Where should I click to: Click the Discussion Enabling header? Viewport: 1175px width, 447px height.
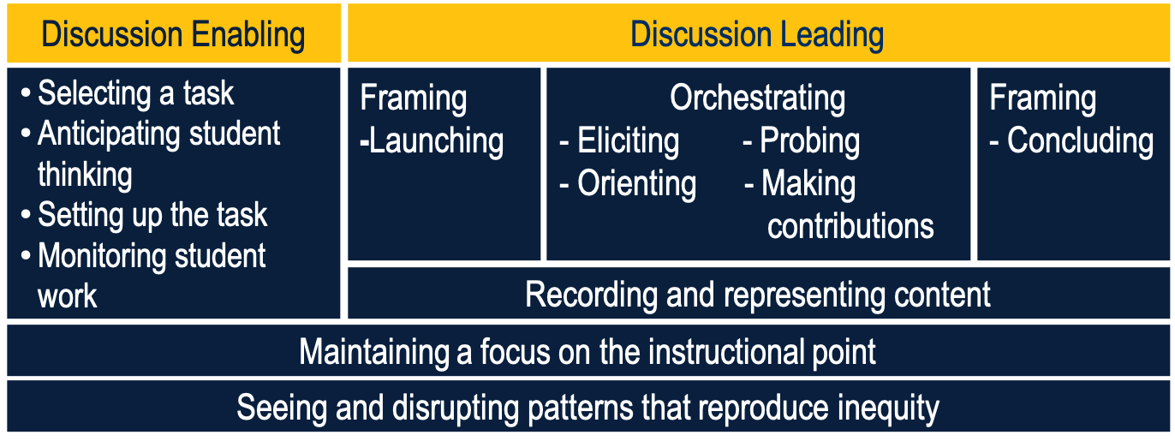[173, 35]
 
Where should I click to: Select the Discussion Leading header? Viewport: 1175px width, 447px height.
[757, 35]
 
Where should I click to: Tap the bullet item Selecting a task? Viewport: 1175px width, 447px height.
[135, 92]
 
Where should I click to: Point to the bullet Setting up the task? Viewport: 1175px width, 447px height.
[152, 215]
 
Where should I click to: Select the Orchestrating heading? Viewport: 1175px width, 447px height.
[757, 98]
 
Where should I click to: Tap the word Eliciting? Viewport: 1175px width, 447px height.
[628, 140]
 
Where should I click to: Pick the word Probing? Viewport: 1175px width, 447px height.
[809, 140]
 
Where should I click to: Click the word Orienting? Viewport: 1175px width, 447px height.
[636, 183]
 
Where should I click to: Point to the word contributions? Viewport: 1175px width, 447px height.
[850, 226]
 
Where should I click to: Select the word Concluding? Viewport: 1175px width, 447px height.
[1080, 140]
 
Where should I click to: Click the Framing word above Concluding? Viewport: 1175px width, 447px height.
[1042, 98]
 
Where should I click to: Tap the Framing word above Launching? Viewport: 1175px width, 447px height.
[413, 98]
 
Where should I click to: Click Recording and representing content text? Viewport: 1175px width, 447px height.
[757, 295]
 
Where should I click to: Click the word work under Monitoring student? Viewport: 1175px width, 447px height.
[67, 296]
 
